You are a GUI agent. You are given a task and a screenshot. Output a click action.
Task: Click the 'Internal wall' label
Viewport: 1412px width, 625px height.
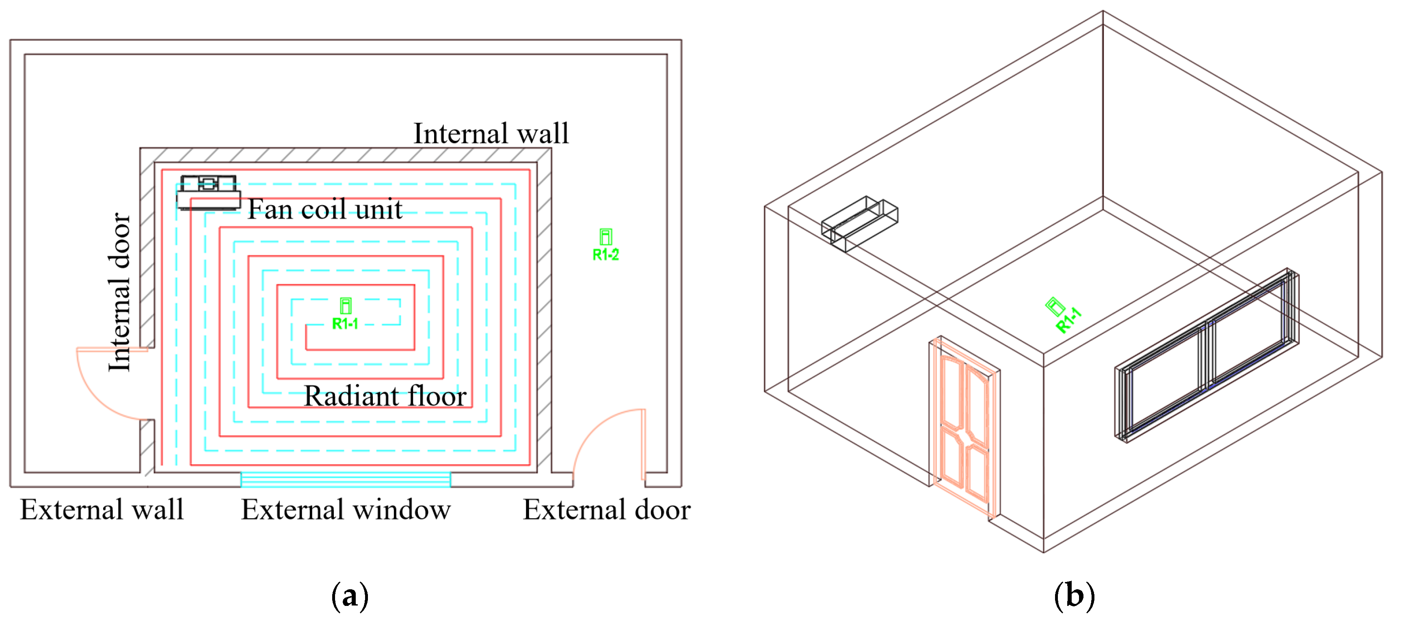(x=491, y=133)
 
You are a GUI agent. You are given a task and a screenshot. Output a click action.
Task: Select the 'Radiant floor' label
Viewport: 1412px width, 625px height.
(x=385, y=396)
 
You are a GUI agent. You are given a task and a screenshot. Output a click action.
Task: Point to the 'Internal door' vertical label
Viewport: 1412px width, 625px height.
(x=119, y=292)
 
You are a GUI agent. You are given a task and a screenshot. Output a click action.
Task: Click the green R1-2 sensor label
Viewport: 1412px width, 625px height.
(x=605, y=254)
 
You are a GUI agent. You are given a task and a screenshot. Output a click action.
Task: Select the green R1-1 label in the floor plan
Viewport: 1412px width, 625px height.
(x=345, y=323)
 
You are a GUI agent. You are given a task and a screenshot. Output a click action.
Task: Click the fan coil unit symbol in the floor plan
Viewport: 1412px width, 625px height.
(x=208, y=192)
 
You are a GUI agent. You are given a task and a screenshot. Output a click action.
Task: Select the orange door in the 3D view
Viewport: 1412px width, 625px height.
(x=965, y=428)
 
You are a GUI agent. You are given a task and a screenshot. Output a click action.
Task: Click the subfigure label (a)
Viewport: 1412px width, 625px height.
(x=350, y=596)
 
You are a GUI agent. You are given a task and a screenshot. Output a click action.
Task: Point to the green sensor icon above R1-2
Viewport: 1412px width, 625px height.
(x=605, y=237)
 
